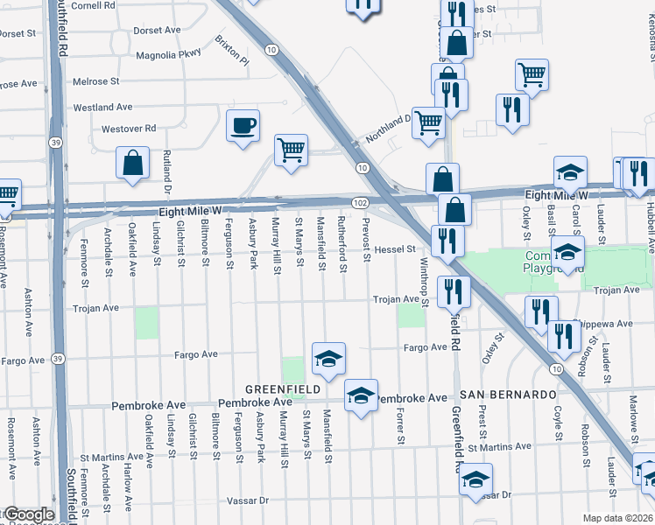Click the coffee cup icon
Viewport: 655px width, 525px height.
click(242, 124)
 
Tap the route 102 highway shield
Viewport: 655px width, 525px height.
click(360, 202)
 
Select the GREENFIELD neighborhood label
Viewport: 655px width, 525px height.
click(279, 388)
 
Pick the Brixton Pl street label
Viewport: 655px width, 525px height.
click(232, 51)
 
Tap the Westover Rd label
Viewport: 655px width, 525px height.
click(129, 128)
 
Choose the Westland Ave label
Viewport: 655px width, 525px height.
click(102, 107)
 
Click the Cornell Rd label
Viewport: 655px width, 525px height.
click(94, 5)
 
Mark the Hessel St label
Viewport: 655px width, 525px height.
click(394, 249)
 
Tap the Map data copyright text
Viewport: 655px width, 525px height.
click(618, 518)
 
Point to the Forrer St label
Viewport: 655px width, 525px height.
click(400, 425)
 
